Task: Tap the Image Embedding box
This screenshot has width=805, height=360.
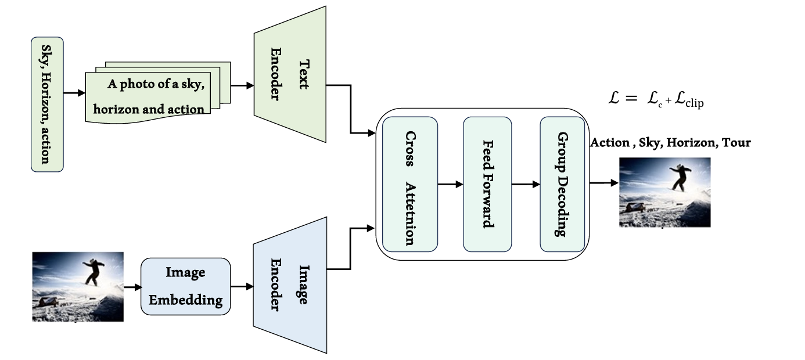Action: tap(186, 286)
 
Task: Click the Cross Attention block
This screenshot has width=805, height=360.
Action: tap(410, 184)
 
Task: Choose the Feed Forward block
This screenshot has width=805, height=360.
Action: tap(487, 184)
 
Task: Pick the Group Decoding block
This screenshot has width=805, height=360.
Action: tap(562, 184)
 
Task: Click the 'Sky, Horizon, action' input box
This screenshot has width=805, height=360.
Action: tap(47, 105)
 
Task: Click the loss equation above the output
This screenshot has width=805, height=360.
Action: tap(656, 100)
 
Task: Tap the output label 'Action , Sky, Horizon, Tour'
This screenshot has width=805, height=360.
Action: tap(670, 143)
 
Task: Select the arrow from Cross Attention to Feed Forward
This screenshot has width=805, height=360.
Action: tap(450, 185)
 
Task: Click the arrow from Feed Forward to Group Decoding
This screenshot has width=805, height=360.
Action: tap(526, 185)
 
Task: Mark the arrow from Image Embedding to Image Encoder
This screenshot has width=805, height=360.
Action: tap(242, 286)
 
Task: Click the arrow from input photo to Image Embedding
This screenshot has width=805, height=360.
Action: tap(132, 286)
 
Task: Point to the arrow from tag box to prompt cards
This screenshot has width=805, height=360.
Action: tap(74, 92)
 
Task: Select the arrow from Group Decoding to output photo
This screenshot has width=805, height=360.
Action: tap(604, 183)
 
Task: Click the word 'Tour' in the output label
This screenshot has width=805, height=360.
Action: tap(736, 143)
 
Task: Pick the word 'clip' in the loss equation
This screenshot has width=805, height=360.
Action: tap(694, 104)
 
